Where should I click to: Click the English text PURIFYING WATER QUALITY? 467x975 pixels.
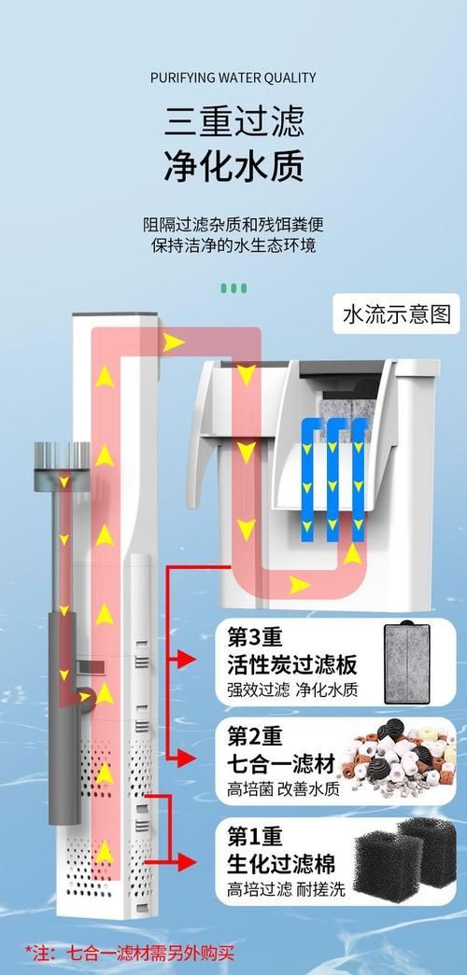click(233, 77)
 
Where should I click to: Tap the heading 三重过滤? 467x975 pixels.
click(234, 121)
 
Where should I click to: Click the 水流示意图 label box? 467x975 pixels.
click(397, 314)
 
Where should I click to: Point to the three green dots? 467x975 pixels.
click(234, 288)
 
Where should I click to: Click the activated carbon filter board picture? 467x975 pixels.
click(407, 662)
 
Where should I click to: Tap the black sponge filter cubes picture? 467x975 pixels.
click(405, 860)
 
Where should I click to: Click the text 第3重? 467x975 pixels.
click(255, 637)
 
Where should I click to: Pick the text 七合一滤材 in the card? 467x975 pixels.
click(281, 763)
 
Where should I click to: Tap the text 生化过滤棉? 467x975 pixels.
click(281, 864)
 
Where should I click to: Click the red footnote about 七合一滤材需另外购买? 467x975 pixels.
click(130, 953)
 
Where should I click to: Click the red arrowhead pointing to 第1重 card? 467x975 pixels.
click(186, 862)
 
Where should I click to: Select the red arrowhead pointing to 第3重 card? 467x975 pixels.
click(186, 659)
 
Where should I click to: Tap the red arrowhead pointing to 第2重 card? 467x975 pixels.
click(186, 758)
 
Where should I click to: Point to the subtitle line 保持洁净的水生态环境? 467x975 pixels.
click(233, 245)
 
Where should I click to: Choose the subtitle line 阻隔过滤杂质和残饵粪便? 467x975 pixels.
click(233, 224)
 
